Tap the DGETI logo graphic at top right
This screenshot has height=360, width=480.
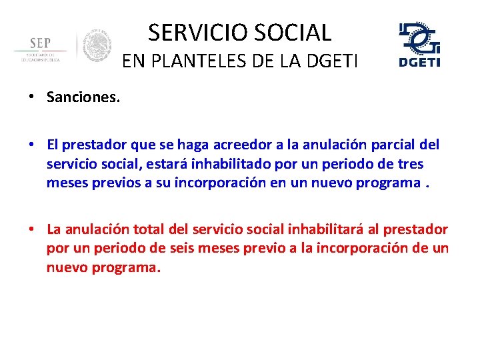pyautogui.click(x=419, y=44)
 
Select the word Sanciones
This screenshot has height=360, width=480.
pyautogui.click(x=83, y=97)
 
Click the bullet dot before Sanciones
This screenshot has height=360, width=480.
pyautogui.click(x=31, y=97)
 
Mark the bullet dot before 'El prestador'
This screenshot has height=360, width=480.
pyautogui.click(x=31, y=145)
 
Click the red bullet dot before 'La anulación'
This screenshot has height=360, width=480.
pyautogui.click(x=31, y=230)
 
